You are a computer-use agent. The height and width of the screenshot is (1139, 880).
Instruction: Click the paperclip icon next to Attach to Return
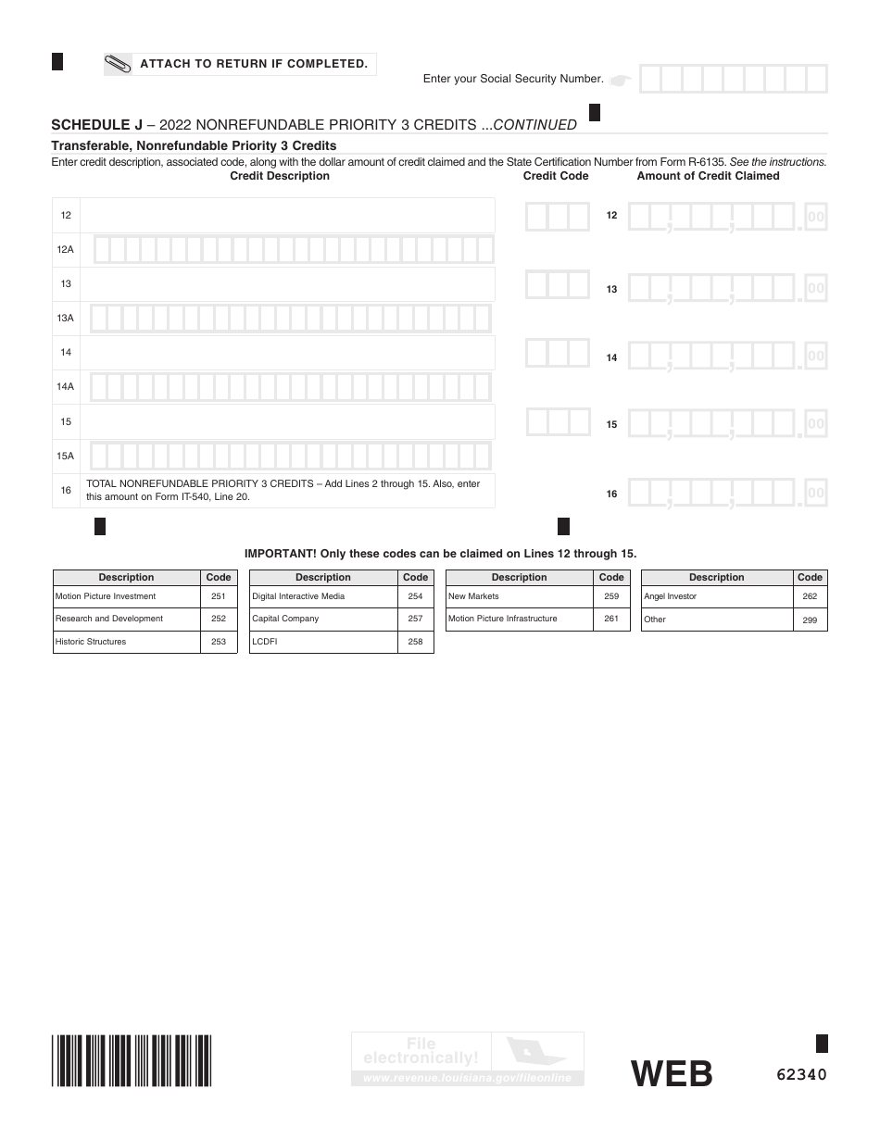click(x=119, y=64)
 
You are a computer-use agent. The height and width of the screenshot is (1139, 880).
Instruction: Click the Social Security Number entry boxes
click(x=733, y=80)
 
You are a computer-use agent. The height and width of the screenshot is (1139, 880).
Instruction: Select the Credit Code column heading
click(x=556, y=176)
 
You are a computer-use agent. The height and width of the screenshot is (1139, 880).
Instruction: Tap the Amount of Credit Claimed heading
click(x=708, y=176)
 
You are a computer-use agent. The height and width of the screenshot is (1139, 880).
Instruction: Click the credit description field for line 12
click(x=287, y=216)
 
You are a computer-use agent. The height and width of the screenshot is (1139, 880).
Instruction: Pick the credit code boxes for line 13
click(x=558, y=284)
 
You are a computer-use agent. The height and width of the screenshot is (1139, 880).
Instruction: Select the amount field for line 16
click(x=726, y=494)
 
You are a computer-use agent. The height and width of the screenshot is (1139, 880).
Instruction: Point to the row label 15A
click(x=66, y=456)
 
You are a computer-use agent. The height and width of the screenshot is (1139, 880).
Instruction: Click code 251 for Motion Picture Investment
click(x=219, y=596)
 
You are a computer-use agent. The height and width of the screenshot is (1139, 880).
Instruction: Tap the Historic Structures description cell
click(x=127, y=642)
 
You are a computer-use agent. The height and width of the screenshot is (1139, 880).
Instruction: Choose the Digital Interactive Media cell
click(x=323, y=596)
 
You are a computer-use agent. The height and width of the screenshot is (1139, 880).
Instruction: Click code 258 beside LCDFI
click(x=415, y=642)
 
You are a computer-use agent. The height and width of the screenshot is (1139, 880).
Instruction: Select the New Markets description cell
click(x=519, y=596)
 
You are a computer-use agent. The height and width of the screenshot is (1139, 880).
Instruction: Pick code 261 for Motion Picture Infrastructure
click(x=611, y=619)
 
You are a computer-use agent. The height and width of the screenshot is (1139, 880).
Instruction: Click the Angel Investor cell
click(x=716, y=597)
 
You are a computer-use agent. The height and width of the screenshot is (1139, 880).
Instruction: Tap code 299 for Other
click(x=810, y=620)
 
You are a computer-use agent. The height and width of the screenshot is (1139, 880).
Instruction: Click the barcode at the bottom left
click(x=132, y=1060)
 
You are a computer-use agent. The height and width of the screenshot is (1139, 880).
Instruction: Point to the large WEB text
click(x=672, y=1074)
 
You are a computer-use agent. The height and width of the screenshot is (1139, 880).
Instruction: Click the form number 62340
click(x=801, y=1074)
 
